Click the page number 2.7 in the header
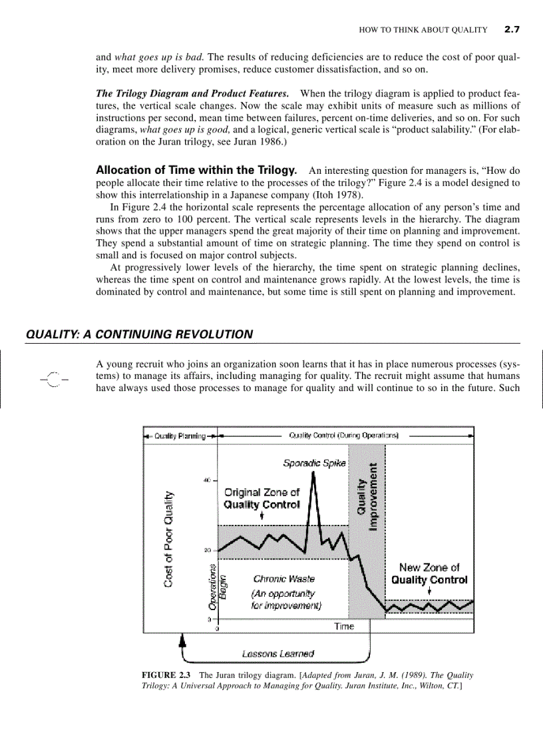511,29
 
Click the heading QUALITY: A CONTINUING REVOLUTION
139,334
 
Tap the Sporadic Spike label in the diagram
313,462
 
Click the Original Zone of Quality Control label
262,498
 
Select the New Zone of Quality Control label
429,573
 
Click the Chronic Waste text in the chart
284,579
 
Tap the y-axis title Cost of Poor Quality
170,539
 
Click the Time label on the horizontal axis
344,626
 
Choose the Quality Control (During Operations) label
343,436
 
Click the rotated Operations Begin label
217,586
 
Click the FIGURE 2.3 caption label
167,675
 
